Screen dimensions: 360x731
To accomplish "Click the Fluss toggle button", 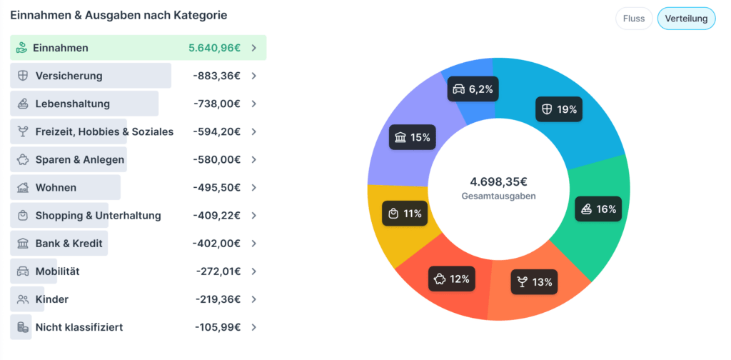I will point(633,19).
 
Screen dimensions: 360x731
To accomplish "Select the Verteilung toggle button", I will point(686,19).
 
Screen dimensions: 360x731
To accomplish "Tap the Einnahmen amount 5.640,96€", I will point(214,48).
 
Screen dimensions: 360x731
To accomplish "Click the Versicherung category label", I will point(69,76).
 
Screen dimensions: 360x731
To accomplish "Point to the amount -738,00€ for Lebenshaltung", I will point(216,104).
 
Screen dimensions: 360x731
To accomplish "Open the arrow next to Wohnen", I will point(253,188).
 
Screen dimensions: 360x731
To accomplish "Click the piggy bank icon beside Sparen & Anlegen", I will point(23,160).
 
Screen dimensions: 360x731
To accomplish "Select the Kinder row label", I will point(51,299).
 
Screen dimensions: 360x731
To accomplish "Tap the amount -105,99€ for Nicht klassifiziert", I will point(217,327).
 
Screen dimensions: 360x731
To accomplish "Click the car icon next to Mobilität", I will point(23,271).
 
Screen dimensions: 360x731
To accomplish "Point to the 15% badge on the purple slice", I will point(412,137).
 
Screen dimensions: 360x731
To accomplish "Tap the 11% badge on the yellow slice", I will point(404,214).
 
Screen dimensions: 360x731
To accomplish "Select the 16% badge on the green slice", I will point(598,209).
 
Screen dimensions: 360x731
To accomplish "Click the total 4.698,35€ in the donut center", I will point(498,181).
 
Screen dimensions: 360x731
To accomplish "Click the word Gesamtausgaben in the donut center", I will point(498,196).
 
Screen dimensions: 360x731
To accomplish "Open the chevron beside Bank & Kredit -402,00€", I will point(253,244).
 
